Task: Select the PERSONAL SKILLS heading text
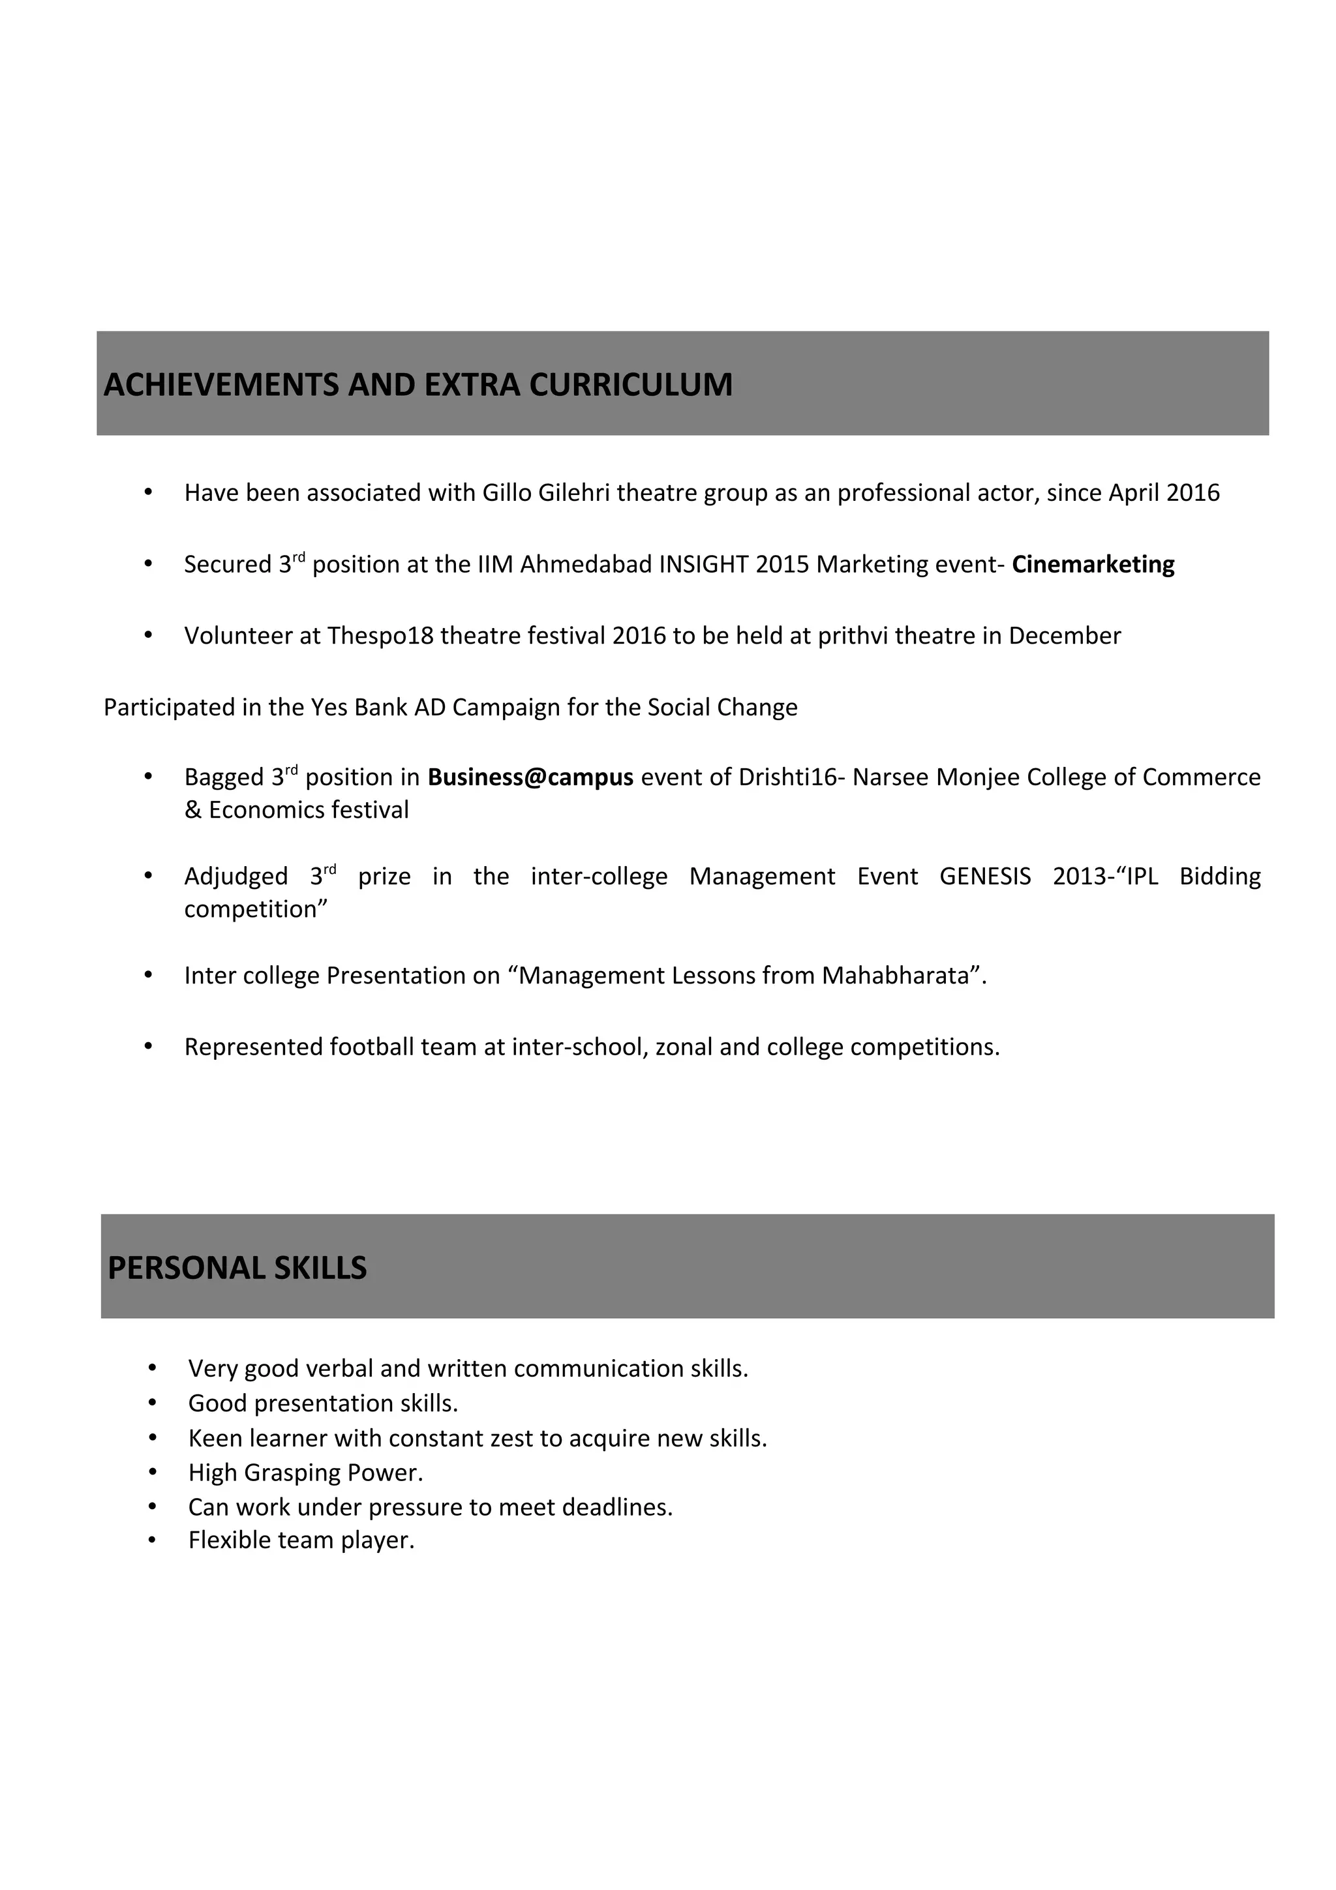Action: click(x=237, y=1268)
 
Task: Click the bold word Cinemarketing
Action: click(x=1092, y=565)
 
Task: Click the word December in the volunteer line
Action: click(x=1065, y=637)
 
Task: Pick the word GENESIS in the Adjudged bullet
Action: click(x=984, y=877)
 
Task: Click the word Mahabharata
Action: click(x=896, y=976)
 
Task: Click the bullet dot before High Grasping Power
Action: click(x=152, y=1472)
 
